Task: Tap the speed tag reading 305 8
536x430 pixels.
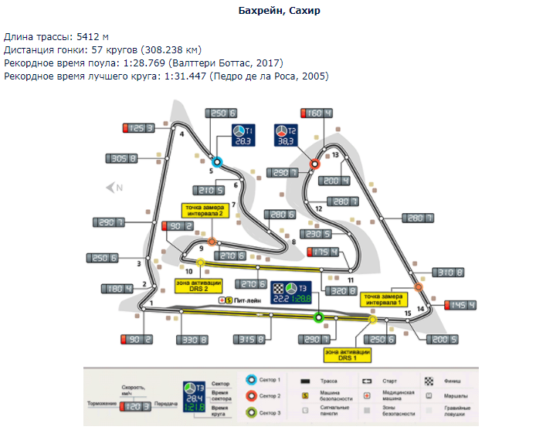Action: [x=121, y=158]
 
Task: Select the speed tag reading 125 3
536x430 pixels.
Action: [x=140, y=128]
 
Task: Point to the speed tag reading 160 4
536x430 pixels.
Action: [x=317, y=113]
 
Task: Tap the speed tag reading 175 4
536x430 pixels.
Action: [x=324, y=252]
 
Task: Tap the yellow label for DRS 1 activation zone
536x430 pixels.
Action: [x=348, y=354]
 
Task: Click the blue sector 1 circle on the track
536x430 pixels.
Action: [x=218, y=162]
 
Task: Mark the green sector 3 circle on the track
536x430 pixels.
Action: [x=317, y=317]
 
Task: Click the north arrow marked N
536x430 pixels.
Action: [x=115, y=186]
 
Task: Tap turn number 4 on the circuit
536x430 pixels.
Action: [x=182, y=134]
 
